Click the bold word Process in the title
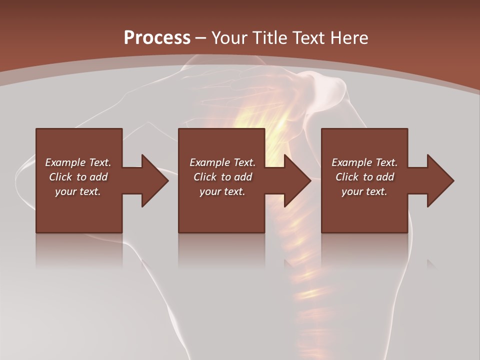(157, 38)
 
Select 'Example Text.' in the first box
(78, 162)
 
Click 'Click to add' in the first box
(78, 177)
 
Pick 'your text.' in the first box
(78, 191)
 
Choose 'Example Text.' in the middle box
(222, 162)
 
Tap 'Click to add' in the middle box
(222, 177)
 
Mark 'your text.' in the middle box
(222, 191)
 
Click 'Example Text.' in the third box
(364, 162)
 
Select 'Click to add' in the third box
(364, 177)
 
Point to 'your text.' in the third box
(364, 191)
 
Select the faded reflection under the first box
(79, 250)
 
